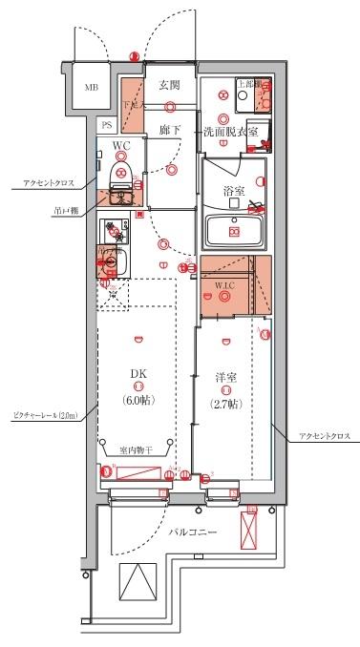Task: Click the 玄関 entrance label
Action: tap(170, 83)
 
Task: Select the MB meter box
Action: tap(92, 88)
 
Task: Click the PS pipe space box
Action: tap(108, 124)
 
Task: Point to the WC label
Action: tap(121, 145)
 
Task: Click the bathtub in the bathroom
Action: tap(235, 230)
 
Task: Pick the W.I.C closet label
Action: tap(225, 284)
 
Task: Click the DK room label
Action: tap(138, 374)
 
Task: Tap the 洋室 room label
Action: tap(225, 378)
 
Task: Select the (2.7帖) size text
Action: tap(225, 403)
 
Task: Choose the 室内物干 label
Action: tap(137, 450)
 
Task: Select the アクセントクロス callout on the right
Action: tap(325, 435)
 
